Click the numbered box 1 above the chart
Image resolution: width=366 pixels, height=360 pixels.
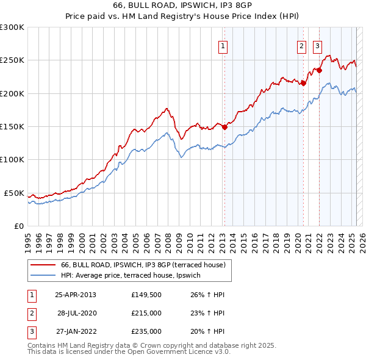(x=223, y=46)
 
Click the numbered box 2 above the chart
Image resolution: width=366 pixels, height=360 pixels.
(x=301, y=46)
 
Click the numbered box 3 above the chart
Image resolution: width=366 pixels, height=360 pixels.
(x=317, y=46)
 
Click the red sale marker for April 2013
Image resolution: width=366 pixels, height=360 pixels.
(x=224, y=127)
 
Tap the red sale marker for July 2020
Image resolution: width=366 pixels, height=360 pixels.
(x=303, y=84)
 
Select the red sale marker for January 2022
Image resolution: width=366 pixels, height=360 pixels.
(x=319, y=70)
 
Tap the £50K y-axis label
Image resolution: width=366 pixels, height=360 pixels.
(x=15, y=193)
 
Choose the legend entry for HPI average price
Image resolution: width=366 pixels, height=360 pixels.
(x=134, y=276)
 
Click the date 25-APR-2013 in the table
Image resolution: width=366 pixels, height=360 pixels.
(x=76, y=295)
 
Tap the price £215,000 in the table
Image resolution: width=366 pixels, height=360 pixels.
(x=146, y=313)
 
